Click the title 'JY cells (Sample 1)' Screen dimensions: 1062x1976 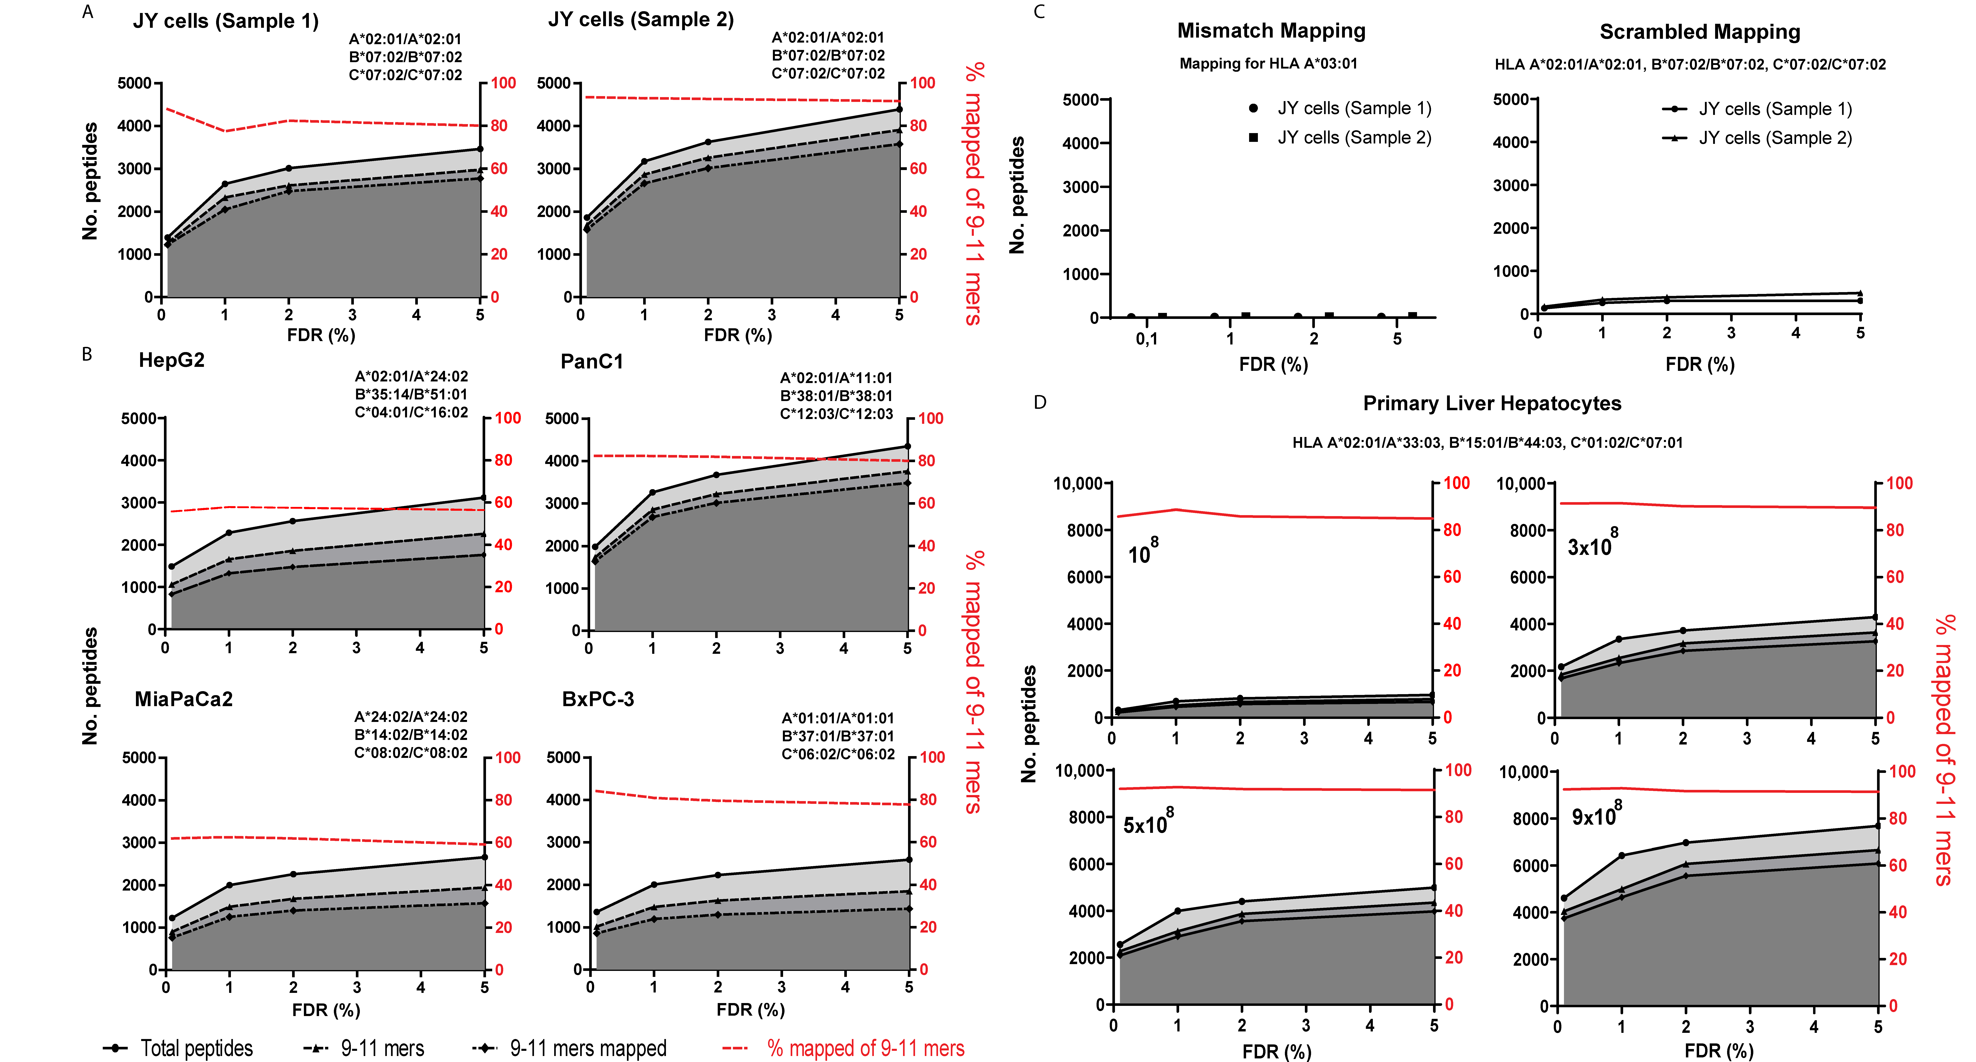(226, 21)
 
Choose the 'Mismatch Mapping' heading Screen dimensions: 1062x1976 (1271, 31)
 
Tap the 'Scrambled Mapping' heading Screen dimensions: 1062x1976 (1700, 32)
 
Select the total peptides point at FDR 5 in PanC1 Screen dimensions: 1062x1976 (907, 446)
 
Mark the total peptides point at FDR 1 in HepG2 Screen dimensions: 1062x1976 (229, 532)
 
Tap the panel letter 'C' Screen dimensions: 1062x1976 (1039, 12)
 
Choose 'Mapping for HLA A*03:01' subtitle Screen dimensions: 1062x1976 (1268, 64)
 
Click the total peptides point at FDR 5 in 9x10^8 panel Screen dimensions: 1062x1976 (1878, 826)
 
